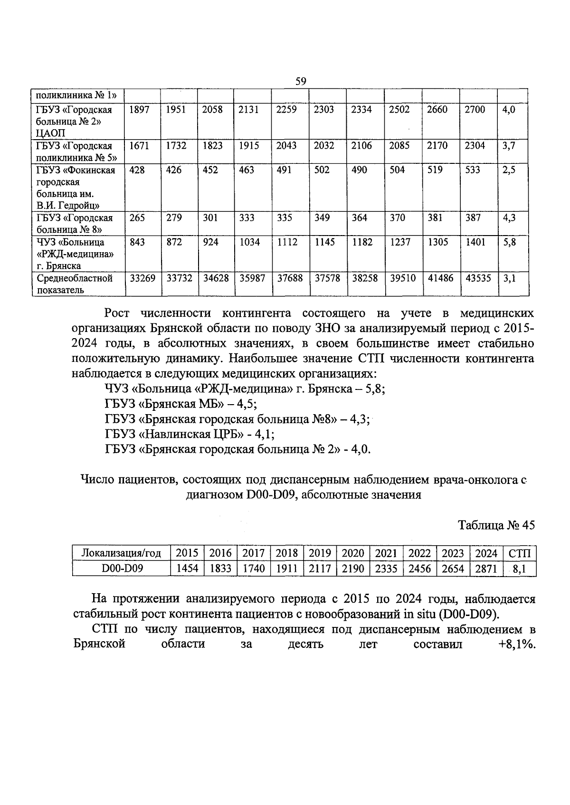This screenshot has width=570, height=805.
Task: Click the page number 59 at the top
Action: [301, 81]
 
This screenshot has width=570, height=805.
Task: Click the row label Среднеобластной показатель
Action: [75, 284]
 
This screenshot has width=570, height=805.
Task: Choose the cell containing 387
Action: [473, 218]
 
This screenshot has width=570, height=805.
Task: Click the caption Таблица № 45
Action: [496, 525]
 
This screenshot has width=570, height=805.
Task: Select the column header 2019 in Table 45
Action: [320, 553]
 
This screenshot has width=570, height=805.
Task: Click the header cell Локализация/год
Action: [122, 553]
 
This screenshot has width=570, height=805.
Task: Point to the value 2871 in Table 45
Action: [486, 568]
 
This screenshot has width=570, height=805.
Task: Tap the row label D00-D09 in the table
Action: [122, 568]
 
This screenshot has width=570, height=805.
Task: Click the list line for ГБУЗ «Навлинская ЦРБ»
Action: [190, 435]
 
